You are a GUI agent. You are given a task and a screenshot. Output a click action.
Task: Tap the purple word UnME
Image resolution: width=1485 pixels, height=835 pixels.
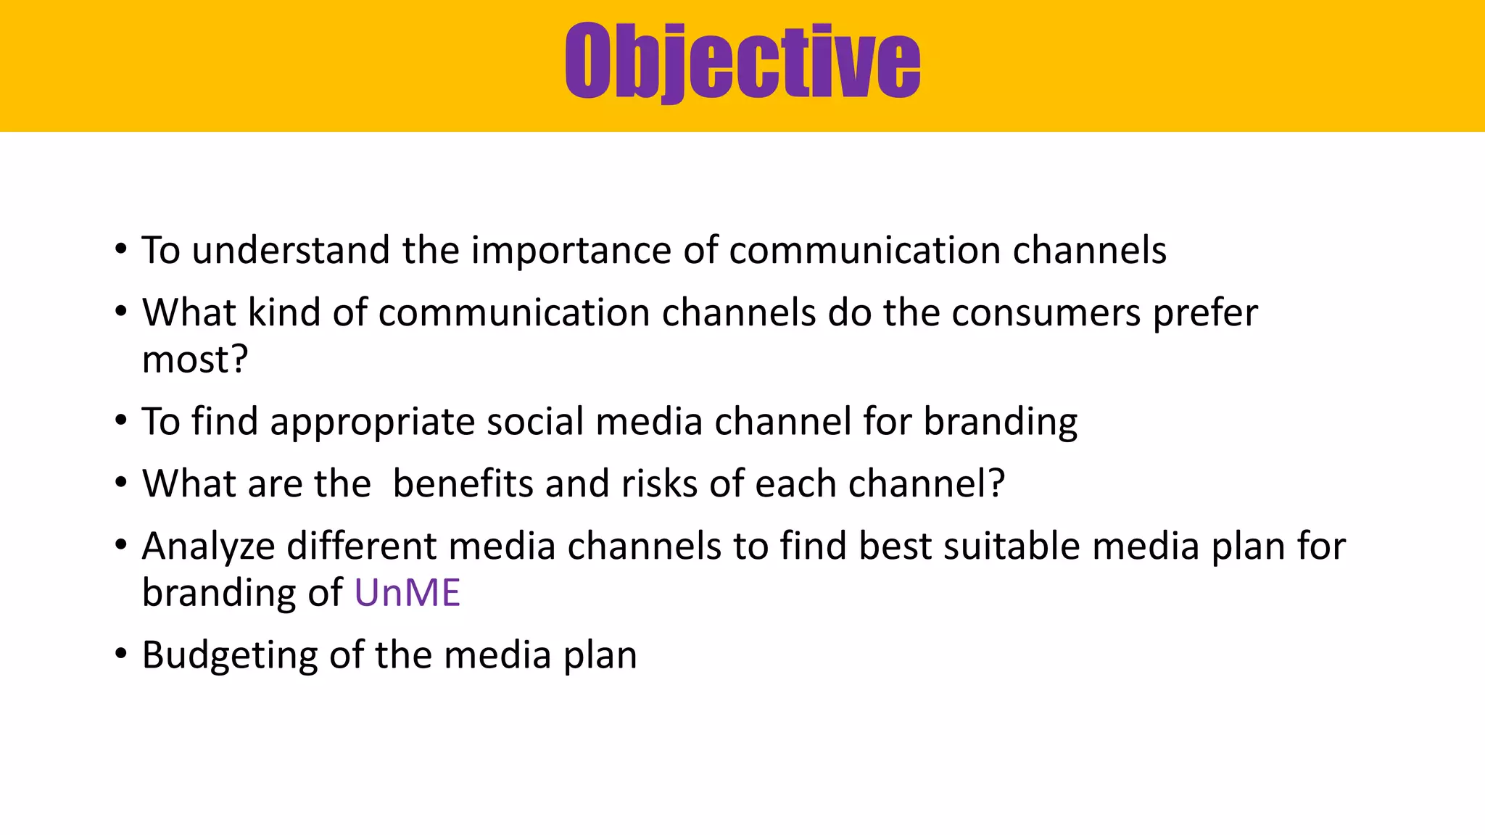(407, 593)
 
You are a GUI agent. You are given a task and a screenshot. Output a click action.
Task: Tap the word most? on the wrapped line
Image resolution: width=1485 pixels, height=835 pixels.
(194, 360)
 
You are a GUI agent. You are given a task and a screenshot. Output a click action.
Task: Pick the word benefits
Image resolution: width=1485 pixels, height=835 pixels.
(463, 483)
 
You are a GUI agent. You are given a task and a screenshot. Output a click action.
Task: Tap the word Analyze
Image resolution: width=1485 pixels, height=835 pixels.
(208, 547)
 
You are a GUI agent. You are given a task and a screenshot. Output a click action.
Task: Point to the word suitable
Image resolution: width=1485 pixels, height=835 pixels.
(1012, 546)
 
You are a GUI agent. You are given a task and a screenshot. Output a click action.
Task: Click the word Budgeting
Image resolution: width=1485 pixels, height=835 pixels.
(230, 656)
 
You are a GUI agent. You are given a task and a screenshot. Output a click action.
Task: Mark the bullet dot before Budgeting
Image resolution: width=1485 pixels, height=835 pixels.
(120, 654)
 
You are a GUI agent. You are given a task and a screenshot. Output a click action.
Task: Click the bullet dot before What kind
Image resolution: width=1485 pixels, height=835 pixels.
(120, 312)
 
